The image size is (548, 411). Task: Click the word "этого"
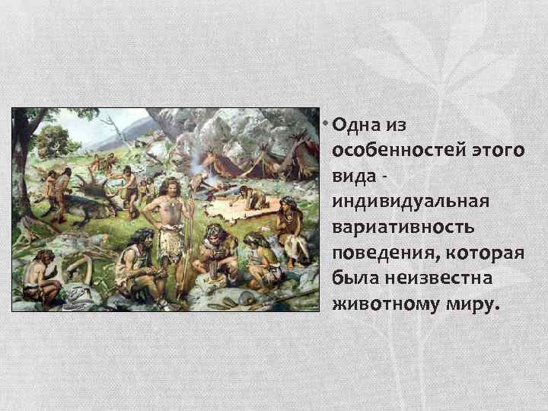tap(498, 150)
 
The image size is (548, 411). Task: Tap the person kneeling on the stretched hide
tap(251, 199)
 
